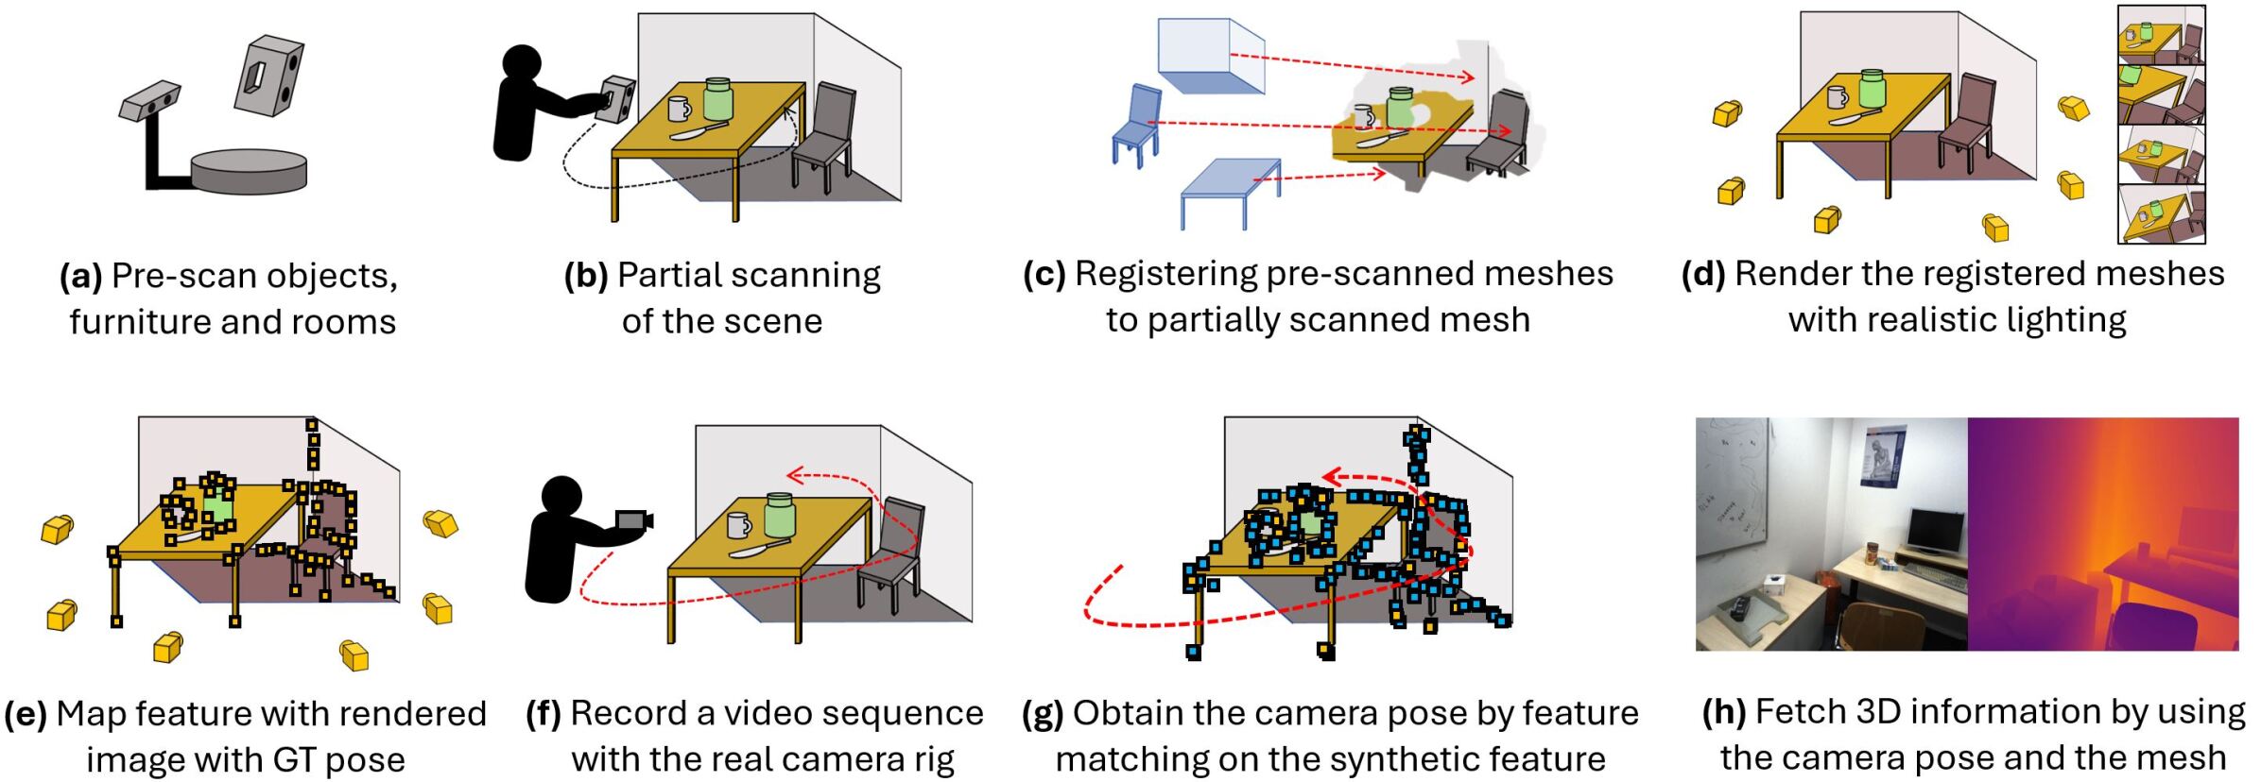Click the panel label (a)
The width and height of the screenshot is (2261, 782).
tap(80, 277)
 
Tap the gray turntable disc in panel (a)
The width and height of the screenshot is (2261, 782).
tap(249, 171)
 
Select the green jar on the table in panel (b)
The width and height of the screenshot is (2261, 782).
tap(718, 99)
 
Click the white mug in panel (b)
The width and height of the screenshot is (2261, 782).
tap(680, 109)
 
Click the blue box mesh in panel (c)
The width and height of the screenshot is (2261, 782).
tap(1211, 55)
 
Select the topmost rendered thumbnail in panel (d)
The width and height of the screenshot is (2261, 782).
tap(2161, 36)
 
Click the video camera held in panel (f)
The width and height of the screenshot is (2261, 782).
tap(633, 520)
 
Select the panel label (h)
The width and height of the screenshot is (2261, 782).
tap(1724, 713)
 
